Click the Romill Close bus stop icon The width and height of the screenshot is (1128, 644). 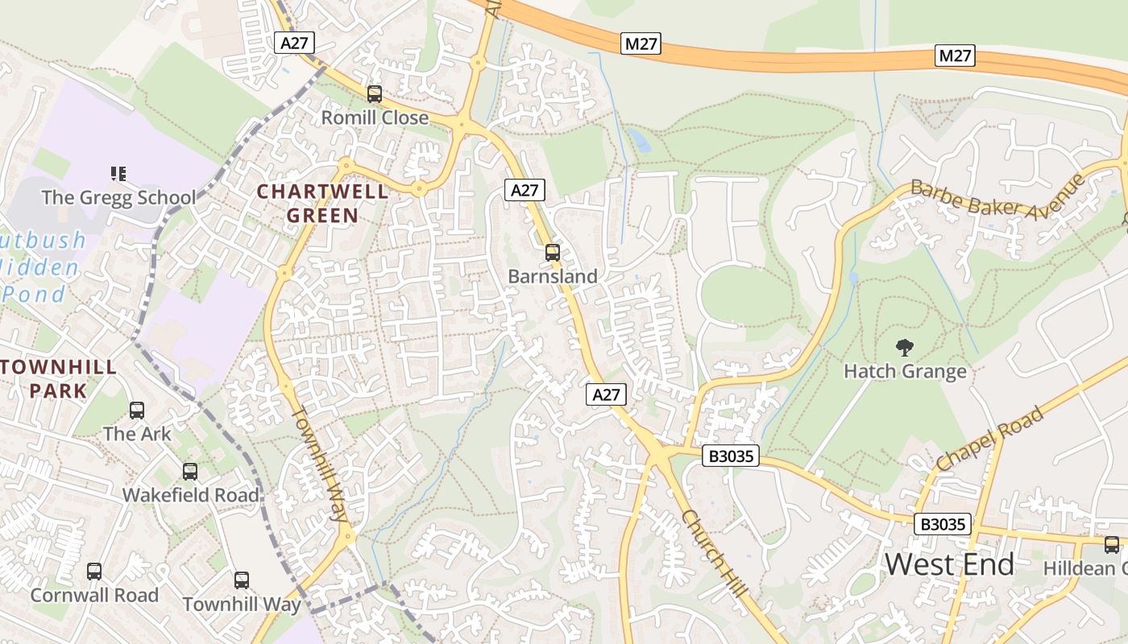pyautogui.click(x=374, y=94)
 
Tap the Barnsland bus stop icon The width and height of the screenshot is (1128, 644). pyautogui.click(x=552, y=253)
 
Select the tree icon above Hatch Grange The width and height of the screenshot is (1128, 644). pyautogui.click(x=905, y=348)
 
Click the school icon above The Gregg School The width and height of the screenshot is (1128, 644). pyautogui.click(x=118, y=173)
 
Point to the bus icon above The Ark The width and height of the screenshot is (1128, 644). pyautogui.click(x=137, y=411)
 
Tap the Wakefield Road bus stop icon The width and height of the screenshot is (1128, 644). pyautogui.click(x=190, y=472)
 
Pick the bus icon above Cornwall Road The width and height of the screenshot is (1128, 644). pyautogui.click(x=94, y=572)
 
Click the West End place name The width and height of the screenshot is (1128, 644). pyautogui.click(x=950, y=565)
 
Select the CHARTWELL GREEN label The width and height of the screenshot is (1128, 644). pyautogui.click(x=322, y=204)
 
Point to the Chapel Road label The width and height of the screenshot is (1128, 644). pyautogui.click(x=991, y=439)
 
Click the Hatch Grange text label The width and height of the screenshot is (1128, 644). pyautogui.click(x=905, y=372)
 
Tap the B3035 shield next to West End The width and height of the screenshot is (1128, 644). pyautogui.click(x=943, y=524)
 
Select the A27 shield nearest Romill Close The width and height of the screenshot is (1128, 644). pyautogui.click(x=293, y=43)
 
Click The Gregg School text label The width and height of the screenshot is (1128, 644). pyautogui.click(x=118, y=197)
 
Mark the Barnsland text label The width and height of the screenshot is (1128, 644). pyautogui.click(x=553, y=277)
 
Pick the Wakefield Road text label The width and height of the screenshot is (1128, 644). pyautogui.click(x=191, y=495)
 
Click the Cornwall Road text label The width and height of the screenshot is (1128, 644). pyautogui.click(x=94, y=596)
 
